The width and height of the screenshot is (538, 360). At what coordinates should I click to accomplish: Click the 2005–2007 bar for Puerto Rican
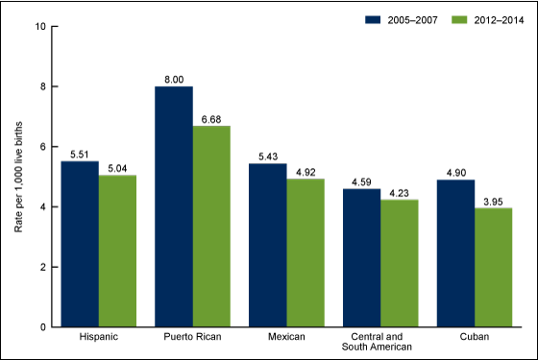(x=174, y=206)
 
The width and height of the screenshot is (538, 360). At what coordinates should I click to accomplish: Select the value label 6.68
(x=211, y=118)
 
